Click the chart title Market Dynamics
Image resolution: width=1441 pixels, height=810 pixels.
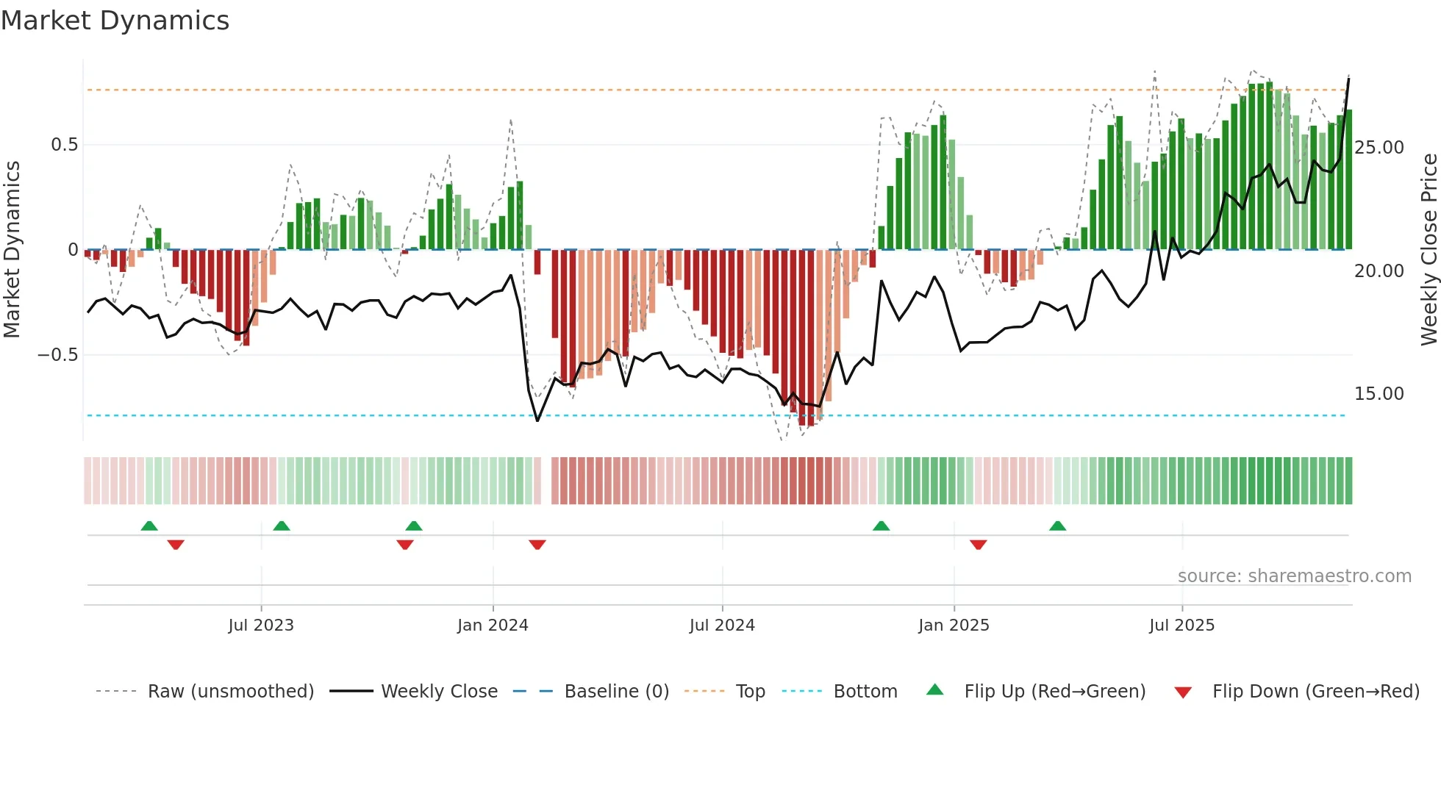tap(115, 21)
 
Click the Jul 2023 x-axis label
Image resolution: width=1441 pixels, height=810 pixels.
tap(260, 626)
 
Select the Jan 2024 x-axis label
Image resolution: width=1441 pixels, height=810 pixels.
tap(493, 626)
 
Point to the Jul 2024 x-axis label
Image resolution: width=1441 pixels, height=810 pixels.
tap(722, 626)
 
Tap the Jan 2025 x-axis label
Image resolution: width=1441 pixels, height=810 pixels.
tap(954, 626)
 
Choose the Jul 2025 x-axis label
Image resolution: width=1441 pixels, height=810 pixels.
tap(1181, 626)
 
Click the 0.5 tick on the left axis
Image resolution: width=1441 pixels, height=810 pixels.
tap(64, 145)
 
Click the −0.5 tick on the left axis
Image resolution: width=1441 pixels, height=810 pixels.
tap(58, 355)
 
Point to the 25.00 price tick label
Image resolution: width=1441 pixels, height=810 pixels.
tap(1379, 148)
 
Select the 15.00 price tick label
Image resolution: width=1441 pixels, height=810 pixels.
tap(1379, 394)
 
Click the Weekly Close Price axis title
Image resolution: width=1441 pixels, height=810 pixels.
tap(1429, 250)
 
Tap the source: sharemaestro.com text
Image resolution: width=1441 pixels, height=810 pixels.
tap(1294, 576)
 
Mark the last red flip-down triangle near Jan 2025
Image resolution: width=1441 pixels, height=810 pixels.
tap(978, 545)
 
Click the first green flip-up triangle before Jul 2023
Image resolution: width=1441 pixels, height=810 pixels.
tap(149, 526)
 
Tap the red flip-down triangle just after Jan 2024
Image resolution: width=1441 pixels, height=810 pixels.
tap(537, 545)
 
